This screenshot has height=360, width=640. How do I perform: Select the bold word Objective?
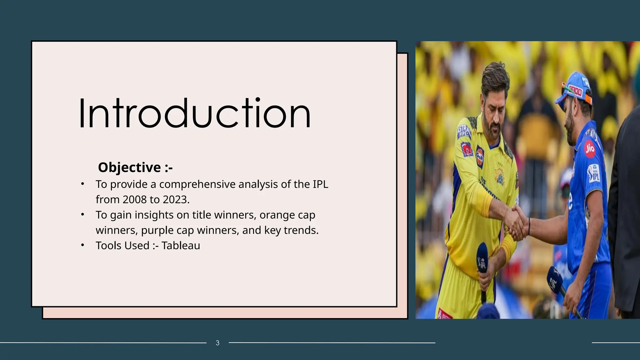129,167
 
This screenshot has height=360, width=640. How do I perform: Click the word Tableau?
181,246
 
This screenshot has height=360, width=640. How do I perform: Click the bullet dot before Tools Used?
82,245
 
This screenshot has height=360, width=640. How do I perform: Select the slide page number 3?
217,343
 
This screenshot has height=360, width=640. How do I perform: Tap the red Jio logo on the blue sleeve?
590,148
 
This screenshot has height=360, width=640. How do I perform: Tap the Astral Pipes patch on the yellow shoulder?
464,131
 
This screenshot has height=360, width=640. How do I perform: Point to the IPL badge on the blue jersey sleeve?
594,173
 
